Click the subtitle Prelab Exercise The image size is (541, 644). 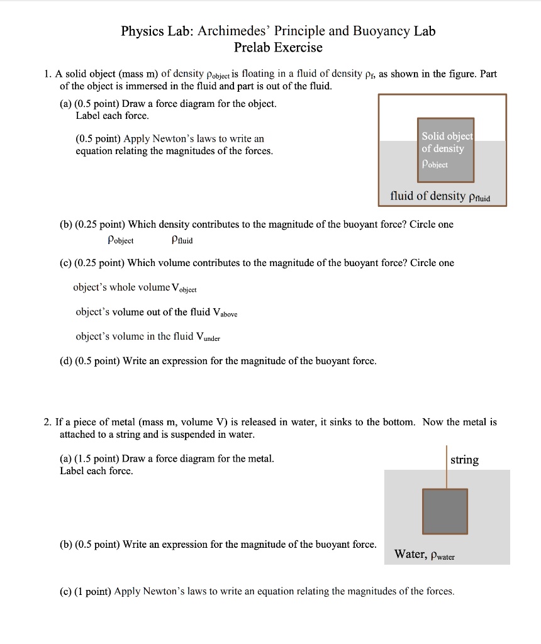[x=278, y=47]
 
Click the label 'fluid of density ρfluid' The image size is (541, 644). [x=440, y=196]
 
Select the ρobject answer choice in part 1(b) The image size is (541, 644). [x=120, y=240]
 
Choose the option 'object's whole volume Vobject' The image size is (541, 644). [x=135, y=287]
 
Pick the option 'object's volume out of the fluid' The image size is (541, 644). [x=156, y=312]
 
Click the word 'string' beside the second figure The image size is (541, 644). [x=464, y=460]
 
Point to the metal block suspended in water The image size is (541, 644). [x=445, y=511]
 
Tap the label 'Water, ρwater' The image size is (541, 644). [x=424, y=555]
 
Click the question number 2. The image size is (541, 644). [x=47, y=422]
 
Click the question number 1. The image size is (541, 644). [x=47, y=74]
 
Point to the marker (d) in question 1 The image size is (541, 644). [x=66, y=361]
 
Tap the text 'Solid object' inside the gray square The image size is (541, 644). [x=447, y=136]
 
